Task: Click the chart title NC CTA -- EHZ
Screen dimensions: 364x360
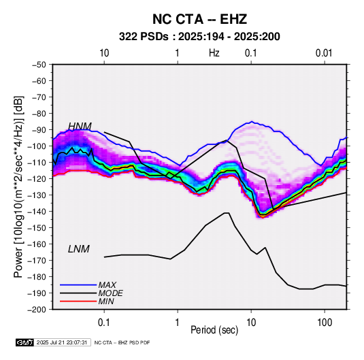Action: (x=199, y=19)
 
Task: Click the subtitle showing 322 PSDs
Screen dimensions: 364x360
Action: (x=199, y=37)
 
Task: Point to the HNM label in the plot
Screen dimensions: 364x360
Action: (x=80, y=126)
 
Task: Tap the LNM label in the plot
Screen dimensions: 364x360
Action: (x=79, y=249)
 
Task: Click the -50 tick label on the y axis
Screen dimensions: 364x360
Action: (x=39, y=65)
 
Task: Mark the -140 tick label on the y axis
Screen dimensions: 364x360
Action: (x=37, y=212)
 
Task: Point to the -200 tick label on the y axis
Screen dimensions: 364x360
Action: (x=37, y=310)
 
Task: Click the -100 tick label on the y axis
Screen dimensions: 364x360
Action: (x=37, y=146)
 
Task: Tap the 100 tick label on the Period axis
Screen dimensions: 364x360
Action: (x=325, y=323)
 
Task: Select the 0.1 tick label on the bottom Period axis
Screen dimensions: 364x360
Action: (x=104, y=323)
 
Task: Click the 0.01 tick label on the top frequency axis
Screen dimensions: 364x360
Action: (x=324, y=53)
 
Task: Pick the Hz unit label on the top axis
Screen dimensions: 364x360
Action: (x=214, y=53)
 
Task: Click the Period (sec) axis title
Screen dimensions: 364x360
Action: (x=214, y=330)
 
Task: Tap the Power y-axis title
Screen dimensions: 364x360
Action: (x=18, y=187)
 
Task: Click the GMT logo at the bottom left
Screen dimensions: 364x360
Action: (x=25, y=342)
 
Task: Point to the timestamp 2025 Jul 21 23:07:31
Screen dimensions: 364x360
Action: (x=62, y=342)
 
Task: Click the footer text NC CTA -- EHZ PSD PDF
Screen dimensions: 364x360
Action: (x=122, y=342)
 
